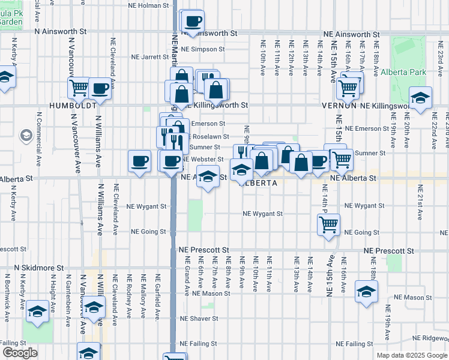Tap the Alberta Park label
click(403, 72)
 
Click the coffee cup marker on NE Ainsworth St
click(193, 22)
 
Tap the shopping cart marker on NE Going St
click(328, 225)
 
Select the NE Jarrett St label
click(149, 57)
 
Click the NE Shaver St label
click(198, 319)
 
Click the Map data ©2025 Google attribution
click(411, 355)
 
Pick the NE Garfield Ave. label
click(158, 290)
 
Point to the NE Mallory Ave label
click(143, 290)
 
